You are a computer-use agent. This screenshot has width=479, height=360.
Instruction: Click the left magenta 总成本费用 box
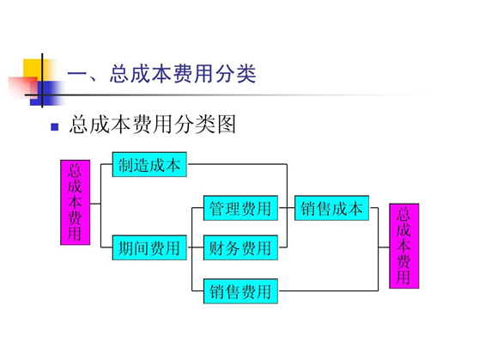(x=75, y=202)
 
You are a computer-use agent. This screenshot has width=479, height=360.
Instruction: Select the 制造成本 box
(x=149, y=165)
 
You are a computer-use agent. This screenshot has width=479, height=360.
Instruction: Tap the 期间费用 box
(x=149, y=249)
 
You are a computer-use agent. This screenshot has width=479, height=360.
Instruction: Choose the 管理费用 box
(x=240, y=207)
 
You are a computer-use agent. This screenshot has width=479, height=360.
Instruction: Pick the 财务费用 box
(x=240, y=249)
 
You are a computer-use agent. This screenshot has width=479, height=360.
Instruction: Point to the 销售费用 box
(x=240, y=291)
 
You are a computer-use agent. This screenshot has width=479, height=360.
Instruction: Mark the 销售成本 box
(x=330, y=207)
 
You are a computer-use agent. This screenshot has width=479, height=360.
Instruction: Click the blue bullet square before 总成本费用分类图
(x=54, y=127)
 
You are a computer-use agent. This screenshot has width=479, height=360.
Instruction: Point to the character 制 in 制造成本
(x=126, y=165)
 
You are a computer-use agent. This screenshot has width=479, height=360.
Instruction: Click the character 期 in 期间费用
(x=126, y=249)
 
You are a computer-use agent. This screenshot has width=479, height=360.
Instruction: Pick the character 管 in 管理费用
(x=217, y=207)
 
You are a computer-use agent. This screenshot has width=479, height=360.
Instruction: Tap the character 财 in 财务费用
(x=217, y=249)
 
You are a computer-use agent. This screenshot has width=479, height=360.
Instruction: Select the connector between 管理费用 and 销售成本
(x=284, y=207)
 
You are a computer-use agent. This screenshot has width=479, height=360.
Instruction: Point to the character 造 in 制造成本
(x=142, y=165)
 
